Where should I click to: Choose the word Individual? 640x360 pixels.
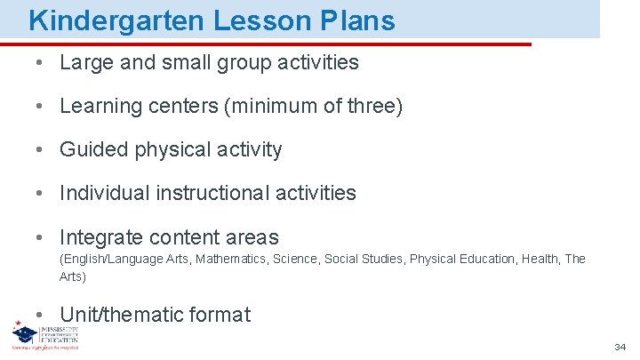(106, 193)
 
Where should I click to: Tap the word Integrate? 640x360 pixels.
(100, 237)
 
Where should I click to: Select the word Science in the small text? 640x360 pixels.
(295, 260)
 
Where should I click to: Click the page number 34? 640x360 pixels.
(620, 347)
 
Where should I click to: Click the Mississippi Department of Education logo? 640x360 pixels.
(45, 335)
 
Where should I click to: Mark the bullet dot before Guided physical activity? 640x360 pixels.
(42, 150)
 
